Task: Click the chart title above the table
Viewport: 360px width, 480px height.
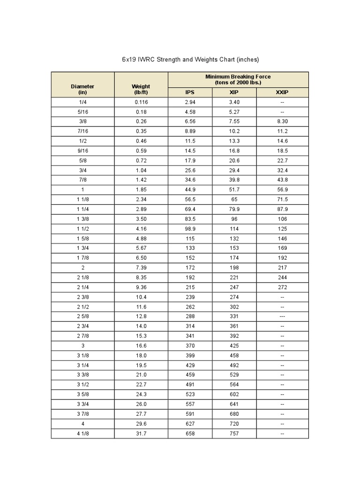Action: (190, 60)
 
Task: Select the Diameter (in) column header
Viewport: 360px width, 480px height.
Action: (82, 89)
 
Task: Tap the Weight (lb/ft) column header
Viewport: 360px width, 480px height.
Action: (141, 89)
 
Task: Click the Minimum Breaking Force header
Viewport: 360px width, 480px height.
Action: (238, 79)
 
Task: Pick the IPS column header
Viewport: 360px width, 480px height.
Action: (190, 92)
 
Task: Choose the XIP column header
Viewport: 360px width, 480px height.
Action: (234, 92)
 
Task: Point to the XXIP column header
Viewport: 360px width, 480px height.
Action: (282, 92)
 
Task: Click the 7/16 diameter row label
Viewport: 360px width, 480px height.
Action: (82, 131)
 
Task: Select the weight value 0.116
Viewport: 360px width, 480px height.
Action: (141, 102)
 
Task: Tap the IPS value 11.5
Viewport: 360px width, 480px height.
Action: (190, 141)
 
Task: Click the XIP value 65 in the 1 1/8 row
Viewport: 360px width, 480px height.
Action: (234, 199)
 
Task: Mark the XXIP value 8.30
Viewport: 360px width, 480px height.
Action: (282, 121)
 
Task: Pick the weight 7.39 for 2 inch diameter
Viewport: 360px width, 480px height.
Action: (141, 268)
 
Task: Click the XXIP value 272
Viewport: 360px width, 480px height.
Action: (282, 287)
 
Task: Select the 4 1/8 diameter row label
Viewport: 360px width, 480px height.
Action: (82, 434)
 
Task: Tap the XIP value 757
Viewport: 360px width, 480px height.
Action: (234, 434)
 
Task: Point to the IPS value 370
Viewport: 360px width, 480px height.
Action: (190, 345)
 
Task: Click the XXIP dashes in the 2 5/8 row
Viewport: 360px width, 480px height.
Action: (282, 316)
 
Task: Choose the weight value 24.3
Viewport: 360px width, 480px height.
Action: (141, 395)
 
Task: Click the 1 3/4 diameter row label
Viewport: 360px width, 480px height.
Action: (82, 248)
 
